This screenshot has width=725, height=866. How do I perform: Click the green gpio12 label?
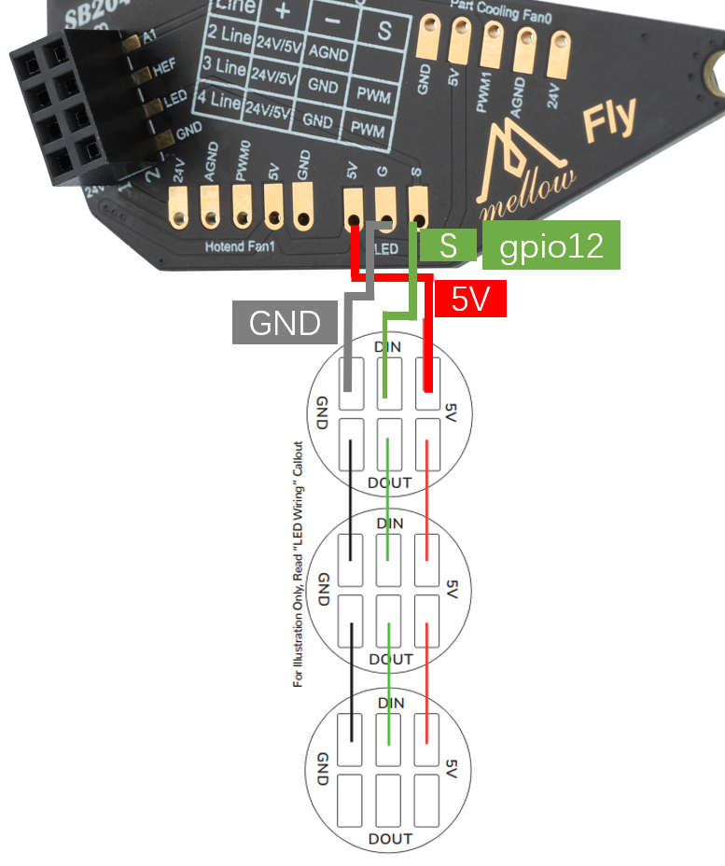point(551,245)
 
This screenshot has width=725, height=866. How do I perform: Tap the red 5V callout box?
point(470,299)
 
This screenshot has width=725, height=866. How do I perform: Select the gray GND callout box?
point(285,323)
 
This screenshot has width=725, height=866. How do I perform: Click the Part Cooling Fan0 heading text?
point(500,5)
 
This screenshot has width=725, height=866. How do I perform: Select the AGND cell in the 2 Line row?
point(328,49)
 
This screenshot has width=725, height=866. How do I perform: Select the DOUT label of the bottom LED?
point(389,839)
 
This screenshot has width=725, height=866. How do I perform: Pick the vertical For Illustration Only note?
point(299,565)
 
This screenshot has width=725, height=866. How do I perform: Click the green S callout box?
point(448,245)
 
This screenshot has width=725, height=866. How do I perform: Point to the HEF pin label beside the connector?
point(163,67)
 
